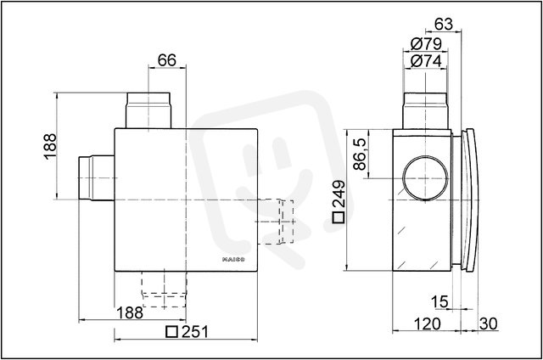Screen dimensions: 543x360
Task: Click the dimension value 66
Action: [x=167, y=60]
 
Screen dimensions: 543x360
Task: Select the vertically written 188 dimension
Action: [x=50, y=146]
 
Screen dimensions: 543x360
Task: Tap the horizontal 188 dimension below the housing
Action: [x=130, y=313]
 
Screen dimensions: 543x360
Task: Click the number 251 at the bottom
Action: [x=195, y=332]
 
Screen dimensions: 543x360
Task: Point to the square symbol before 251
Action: [x=171, y=332]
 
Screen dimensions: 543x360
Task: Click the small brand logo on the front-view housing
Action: [x=233, y=259]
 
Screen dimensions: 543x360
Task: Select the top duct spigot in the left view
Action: [x=148, y=110]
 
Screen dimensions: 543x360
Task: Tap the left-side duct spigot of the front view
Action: [x=97, y=178]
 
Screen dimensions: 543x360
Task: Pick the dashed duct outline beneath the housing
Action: [x=164, y=290]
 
